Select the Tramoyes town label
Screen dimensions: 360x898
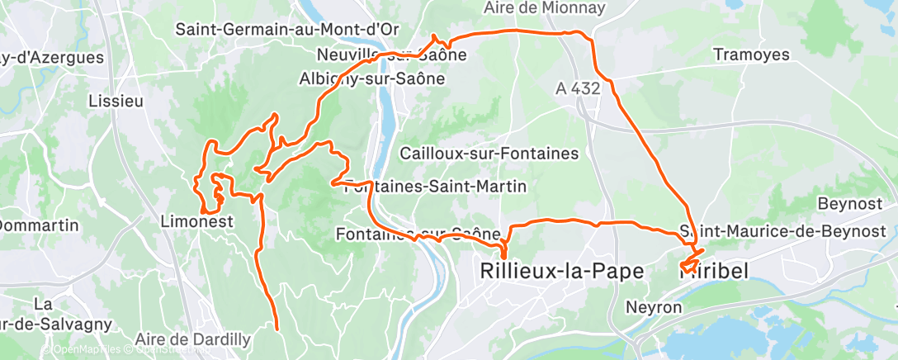click(751, 55)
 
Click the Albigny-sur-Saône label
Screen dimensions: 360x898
click(371, 79)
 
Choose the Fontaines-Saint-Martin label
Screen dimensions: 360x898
click(434, 187)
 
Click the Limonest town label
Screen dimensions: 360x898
click(196, 222)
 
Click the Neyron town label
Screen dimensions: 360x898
click(655, 307)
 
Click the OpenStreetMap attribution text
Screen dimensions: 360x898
click(169, 350)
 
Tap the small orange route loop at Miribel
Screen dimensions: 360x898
click(688, 266)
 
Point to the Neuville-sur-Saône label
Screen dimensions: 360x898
click(392, 55)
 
